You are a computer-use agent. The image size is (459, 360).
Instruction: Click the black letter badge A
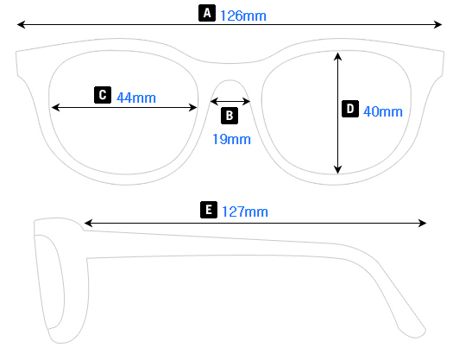click(x=206, y=13)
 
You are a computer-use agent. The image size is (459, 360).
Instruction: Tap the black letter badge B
click(x=229, y=115)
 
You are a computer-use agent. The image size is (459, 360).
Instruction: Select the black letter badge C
click(x=103, y=95)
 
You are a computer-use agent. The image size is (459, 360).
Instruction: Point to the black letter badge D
click(x=350, y=109)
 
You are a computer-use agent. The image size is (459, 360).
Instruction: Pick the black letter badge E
click(x=208, y=209)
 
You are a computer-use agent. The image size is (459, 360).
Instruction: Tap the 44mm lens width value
click(x=136, y=97)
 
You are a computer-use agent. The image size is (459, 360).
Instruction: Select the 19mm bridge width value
click(x=231, y=138)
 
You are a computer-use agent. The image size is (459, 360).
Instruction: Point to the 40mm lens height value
click(x=382, y=111)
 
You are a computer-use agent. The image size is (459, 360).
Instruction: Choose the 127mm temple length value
click(x=245, y=211)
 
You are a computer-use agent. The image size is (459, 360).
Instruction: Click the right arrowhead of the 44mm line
click(x=195, y=107)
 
